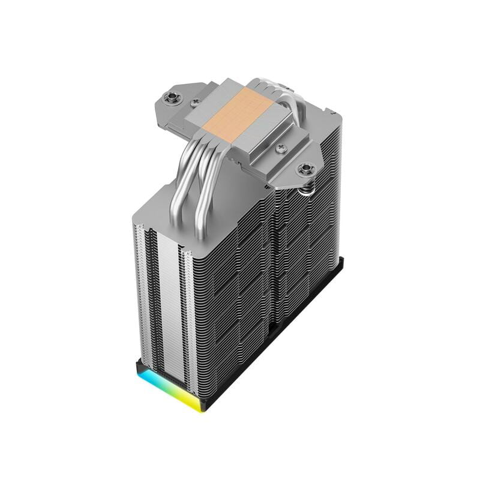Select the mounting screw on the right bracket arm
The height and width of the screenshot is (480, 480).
(x=307, y=169)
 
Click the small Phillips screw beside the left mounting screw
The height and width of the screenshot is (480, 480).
(x=194, y=103)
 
